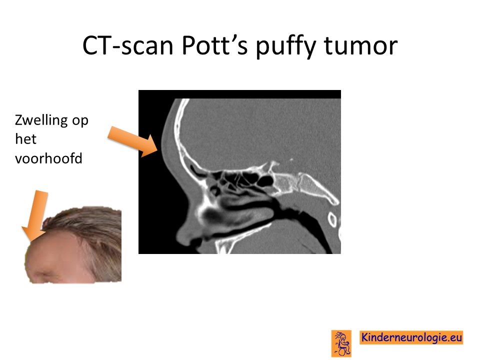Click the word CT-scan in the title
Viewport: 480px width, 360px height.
128,46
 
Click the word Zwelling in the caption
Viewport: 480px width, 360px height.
41,120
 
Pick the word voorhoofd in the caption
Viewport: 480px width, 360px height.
48,158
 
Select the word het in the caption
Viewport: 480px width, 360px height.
25,139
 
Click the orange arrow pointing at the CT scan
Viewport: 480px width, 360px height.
133,141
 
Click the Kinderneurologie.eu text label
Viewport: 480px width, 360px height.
411,337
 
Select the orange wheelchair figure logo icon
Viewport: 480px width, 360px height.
341,343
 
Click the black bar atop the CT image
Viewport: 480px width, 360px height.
239,94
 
